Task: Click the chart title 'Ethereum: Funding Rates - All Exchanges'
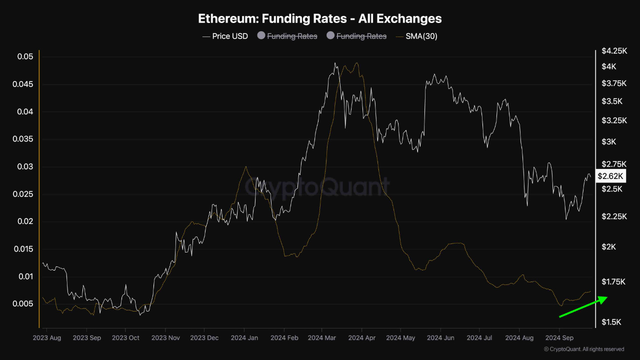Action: (x=320, y=19)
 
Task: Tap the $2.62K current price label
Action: (x=610, y=176)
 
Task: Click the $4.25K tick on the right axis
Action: (x=613, y=51)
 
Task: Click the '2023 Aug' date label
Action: (x=47, y=338)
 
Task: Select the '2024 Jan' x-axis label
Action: (x=244, y=338)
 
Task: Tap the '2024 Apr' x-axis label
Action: (x=362, y=338)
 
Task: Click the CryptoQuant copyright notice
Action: (x=583, y=349)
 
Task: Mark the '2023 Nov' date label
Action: (x=165, y=338)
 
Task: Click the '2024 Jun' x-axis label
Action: (x=440, y=338)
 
